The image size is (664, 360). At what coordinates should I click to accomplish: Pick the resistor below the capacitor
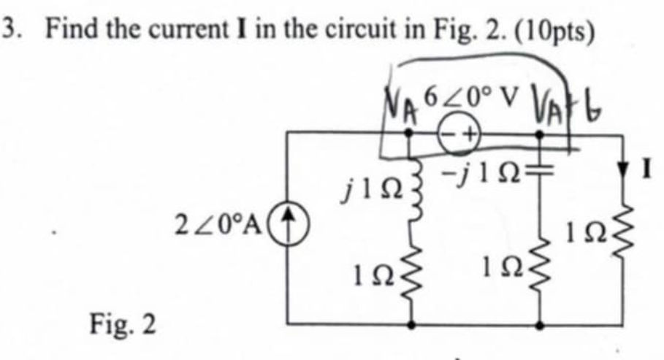point(541,274)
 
